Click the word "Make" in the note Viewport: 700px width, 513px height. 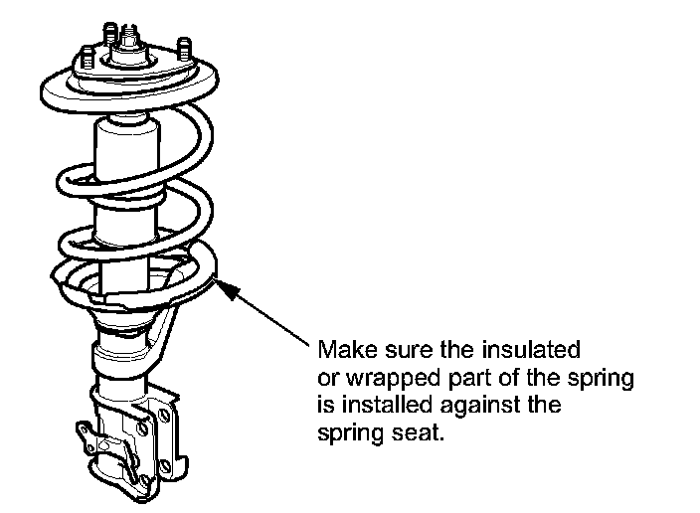coord(340,351)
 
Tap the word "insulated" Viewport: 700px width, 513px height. coord(535,351)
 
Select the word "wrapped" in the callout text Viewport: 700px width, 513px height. coord(379,379)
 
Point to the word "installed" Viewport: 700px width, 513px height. coord(378,407)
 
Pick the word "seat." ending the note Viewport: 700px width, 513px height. coord(412,434)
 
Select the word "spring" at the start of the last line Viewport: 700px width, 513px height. coord(345,434)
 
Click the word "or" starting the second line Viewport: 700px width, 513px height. coord(326,379)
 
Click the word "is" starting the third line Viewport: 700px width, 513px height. coord(323,407)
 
